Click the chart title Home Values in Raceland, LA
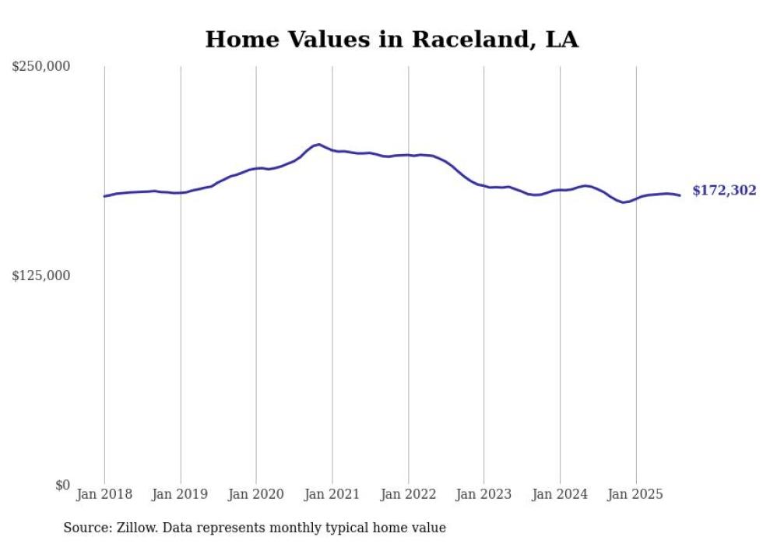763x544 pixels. [x=392, y=40]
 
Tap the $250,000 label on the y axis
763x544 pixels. [x=41, y=67]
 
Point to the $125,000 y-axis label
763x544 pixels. [x=41, y=276]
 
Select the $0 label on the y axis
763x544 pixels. [x=62, y=485]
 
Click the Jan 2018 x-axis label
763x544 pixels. [x=104, y=494]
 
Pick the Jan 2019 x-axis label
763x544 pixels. [x=181, y=494]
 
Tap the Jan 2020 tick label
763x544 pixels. [x=256, y=494]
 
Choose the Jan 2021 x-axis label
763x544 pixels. [x=332, y=494]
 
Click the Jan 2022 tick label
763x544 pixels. [x=408, y=494]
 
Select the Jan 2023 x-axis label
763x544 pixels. [x=484, y=494]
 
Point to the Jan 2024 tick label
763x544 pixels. [x=560, y=494]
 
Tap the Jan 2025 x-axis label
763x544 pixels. [x=636, y=494]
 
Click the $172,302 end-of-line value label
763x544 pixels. [x=724, y=191]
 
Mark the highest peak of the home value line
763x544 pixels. [x=318, y=144]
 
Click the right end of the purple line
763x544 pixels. [x=680, y=195]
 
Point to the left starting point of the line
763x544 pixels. [x=104, y=196]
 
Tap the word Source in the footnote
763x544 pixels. [x=84, y=528]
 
